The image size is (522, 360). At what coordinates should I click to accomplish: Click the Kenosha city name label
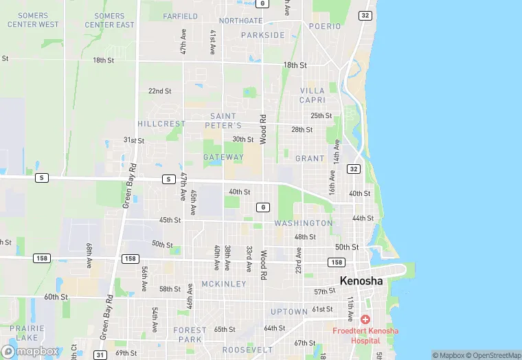click(x=362, y=280)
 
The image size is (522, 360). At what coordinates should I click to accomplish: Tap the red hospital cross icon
click(x=364, y=319)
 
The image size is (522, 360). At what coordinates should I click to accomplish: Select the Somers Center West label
click(x=33, y=20)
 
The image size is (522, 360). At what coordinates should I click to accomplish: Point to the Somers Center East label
click(x=110, y=20)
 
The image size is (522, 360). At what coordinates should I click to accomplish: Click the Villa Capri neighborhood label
click(x=313, y=95)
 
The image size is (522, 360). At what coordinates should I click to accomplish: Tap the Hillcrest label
click(x=161, y=124)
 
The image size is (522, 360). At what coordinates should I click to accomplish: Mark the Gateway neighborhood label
click(x=223, y=157)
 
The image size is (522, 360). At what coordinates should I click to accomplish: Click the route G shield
click(x=262, y=207)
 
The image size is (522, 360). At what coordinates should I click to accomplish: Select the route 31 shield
click(x=100, y=355)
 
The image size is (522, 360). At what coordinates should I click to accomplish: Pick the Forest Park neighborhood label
click(x=190, y=335)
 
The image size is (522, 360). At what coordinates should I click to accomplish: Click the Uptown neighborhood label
click(x=289, y=311)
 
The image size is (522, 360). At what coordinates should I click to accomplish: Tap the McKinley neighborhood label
click(x=224, y=284)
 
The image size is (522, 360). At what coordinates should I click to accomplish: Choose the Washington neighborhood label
click(x=304, y=223)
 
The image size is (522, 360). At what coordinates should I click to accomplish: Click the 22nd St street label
click(x=160, y=91)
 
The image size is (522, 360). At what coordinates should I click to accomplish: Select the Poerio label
click(x=324, y=26)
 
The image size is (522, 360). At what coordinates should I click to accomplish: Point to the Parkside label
click(x=263, y=35)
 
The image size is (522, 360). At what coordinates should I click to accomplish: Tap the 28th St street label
click(x=302, y=129)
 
